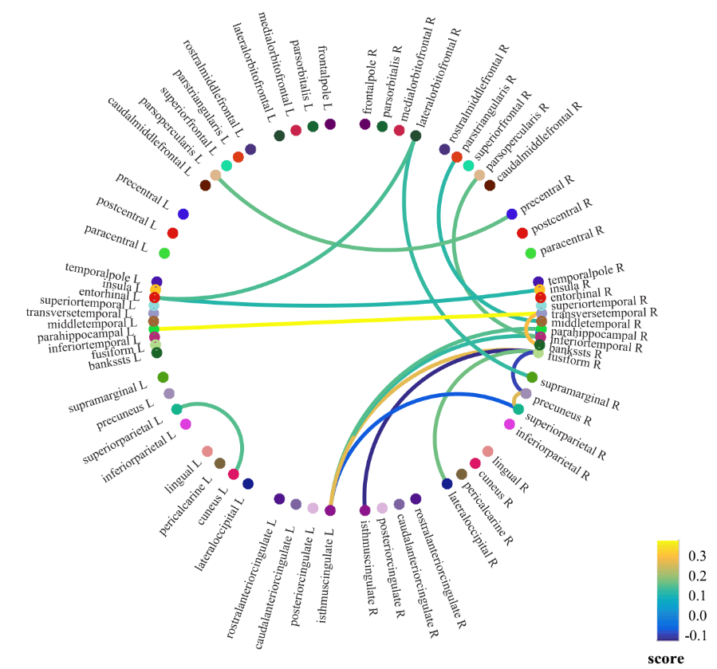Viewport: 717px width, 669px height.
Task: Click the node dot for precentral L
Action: pos(183,214)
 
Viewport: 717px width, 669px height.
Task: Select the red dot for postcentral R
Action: pos(522,233)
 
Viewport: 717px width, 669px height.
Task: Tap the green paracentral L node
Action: pos(164,254)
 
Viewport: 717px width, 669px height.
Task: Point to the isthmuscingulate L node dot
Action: pos(330,510)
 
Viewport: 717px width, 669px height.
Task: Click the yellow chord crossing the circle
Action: pos(343,321)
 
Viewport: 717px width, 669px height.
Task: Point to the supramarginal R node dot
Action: pos(532,377)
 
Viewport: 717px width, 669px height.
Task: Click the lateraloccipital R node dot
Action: pos(447,482)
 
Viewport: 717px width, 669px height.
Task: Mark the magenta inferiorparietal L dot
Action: pos(185,424)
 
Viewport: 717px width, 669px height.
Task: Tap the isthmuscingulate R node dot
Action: pos(364,510)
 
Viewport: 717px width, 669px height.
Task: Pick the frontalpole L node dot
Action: pos(330,124)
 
